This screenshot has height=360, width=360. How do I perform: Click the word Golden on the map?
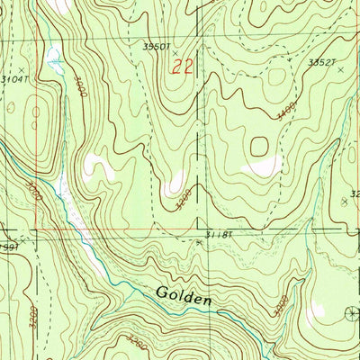[x=183, y=293]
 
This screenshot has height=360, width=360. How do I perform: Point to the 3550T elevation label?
[x=157, y=46]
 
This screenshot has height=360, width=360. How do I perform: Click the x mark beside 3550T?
[x=175, y=53]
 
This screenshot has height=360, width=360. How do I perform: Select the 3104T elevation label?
[x=15, y=80]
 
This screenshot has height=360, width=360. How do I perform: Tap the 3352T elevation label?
[x=321, y=62]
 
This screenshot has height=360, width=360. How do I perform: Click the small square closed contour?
[x=259, y=145]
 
